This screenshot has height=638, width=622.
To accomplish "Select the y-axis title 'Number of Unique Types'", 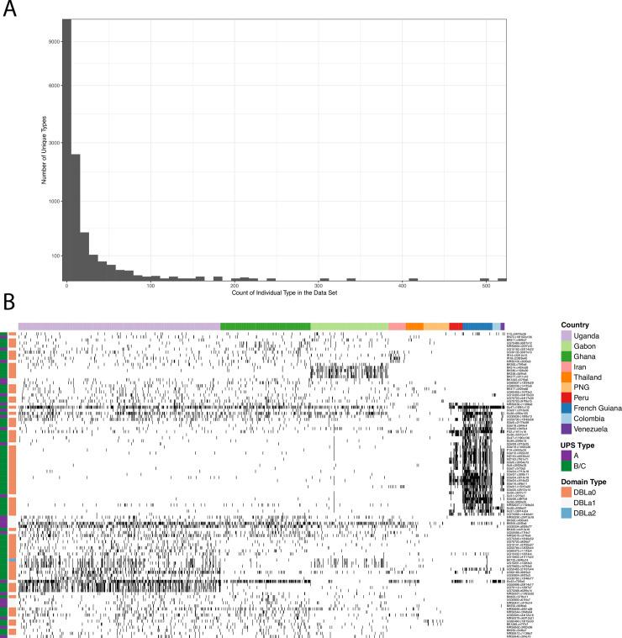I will coord(42,150).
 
